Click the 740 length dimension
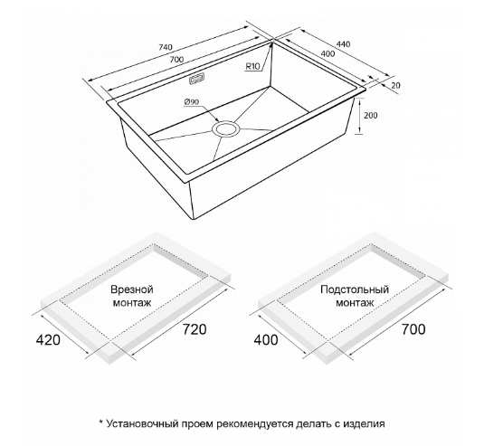165,47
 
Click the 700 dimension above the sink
176,59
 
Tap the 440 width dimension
343,44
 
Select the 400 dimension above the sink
327,53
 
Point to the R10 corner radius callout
253,66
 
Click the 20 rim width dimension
395,85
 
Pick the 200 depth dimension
371,116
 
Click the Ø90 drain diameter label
192,102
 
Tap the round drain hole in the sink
225,128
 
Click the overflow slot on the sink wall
196,79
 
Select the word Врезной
132,289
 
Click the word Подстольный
355,289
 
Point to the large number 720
195,329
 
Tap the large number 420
49,340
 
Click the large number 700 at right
413,329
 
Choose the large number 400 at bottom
266,340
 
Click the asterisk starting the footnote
100,422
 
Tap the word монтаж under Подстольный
355,303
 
